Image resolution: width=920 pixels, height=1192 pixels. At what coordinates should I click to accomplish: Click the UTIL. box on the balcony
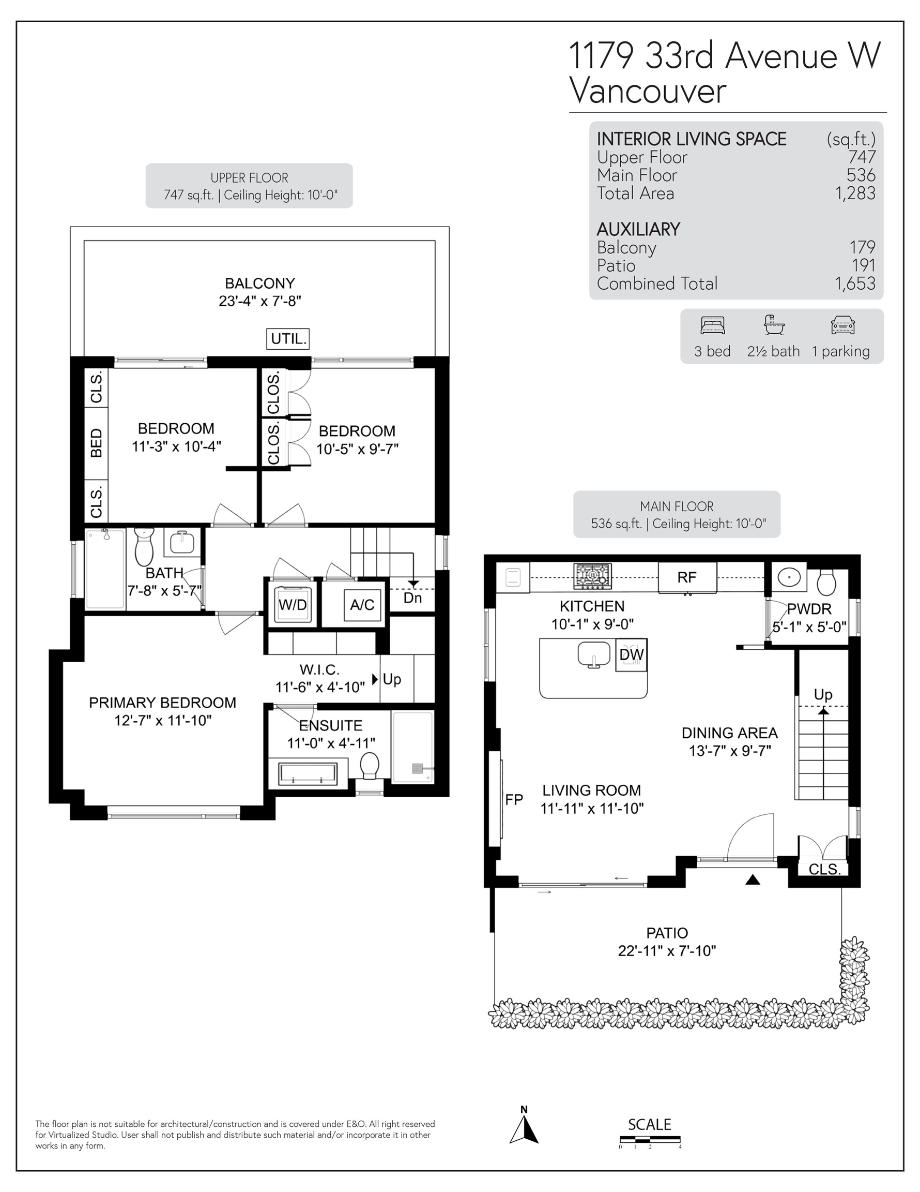[288, 338]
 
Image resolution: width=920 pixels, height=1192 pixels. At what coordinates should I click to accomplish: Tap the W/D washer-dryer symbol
[293, 604]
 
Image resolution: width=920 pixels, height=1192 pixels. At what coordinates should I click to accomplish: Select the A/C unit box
[362, 604]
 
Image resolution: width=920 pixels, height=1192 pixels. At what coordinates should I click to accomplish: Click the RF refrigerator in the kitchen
[687, 577]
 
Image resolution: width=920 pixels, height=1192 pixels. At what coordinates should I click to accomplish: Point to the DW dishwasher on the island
[632, 654]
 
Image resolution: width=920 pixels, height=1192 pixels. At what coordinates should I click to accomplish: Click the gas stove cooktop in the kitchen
[593, 576]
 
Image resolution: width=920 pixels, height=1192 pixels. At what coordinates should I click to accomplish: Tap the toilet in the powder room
[826, 583]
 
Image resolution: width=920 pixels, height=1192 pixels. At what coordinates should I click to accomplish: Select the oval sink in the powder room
[789, 576]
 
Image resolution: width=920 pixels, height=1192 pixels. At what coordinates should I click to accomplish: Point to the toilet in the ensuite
[370, 765]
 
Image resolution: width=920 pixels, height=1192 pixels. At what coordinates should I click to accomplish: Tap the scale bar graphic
[650, 1139]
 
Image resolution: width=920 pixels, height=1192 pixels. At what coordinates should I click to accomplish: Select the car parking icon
[842, 326]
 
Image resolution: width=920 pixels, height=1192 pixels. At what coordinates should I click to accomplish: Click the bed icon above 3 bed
[713, 326]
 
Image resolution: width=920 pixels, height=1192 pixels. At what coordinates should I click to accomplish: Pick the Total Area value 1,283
[855, 193]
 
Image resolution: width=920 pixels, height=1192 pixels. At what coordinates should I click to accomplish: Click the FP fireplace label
[514, 799]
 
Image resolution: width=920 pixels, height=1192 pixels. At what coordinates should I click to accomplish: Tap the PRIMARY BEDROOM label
[162, 703]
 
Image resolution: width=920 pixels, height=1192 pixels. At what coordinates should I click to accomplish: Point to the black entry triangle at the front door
[753, 880]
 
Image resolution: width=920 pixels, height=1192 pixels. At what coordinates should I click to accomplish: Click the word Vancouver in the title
[648, 91]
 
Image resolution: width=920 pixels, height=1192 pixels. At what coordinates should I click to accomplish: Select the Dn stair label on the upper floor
[413, 598]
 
